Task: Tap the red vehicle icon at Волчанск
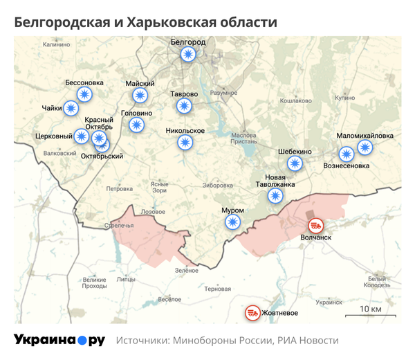click(315, 226)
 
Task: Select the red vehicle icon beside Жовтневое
click(252, 314)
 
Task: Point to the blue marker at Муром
click(233, 222)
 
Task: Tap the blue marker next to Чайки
click(71, 108)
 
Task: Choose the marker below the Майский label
click(140, 96)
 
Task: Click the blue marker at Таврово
click(184, 106)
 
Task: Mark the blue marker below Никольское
click(185, 143)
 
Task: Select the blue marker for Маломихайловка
click(365, 147)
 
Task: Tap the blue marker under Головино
click(136, 125)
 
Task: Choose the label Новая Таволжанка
click(275, 181)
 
